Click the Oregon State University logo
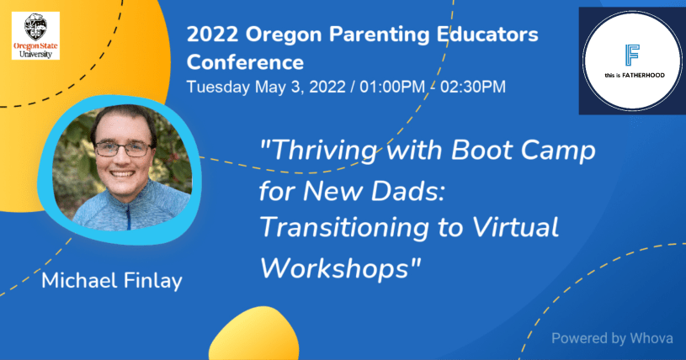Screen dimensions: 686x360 tap(35, 35)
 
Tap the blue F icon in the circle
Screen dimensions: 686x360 tap(632, 55)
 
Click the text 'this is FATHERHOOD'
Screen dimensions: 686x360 tap(635, 75)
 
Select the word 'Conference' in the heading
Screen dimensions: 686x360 tap(245, 62)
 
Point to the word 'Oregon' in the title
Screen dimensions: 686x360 tap(284, 35)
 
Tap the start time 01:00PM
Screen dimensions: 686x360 tap(392, 87)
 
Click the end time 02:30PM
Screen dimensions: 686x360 tap(473, 87)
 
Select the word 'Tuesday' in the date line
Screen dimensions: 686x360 tap(218, 87)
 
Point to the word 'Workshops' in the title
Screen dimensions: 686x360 tap(335, 267)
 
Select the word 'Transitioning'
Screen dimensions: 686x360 tap(344, 228)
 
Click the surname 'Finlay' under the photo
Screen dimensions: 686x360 tap(152, 281)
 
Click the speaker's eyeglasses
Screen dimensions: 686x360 tap(123, 149)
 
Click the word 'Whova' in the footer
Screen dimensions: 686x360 tap(651, 338)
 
